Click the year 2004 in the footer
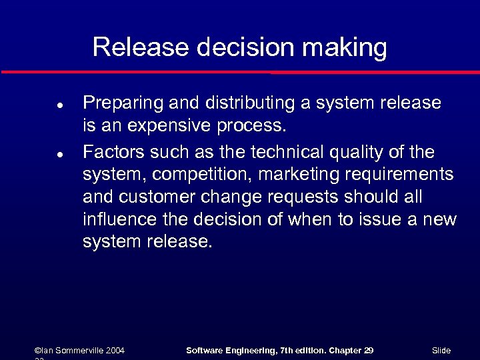click(114, 350)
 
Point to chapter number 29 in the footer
click(369, 350)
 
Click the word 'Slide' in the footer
click(441, 350)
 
